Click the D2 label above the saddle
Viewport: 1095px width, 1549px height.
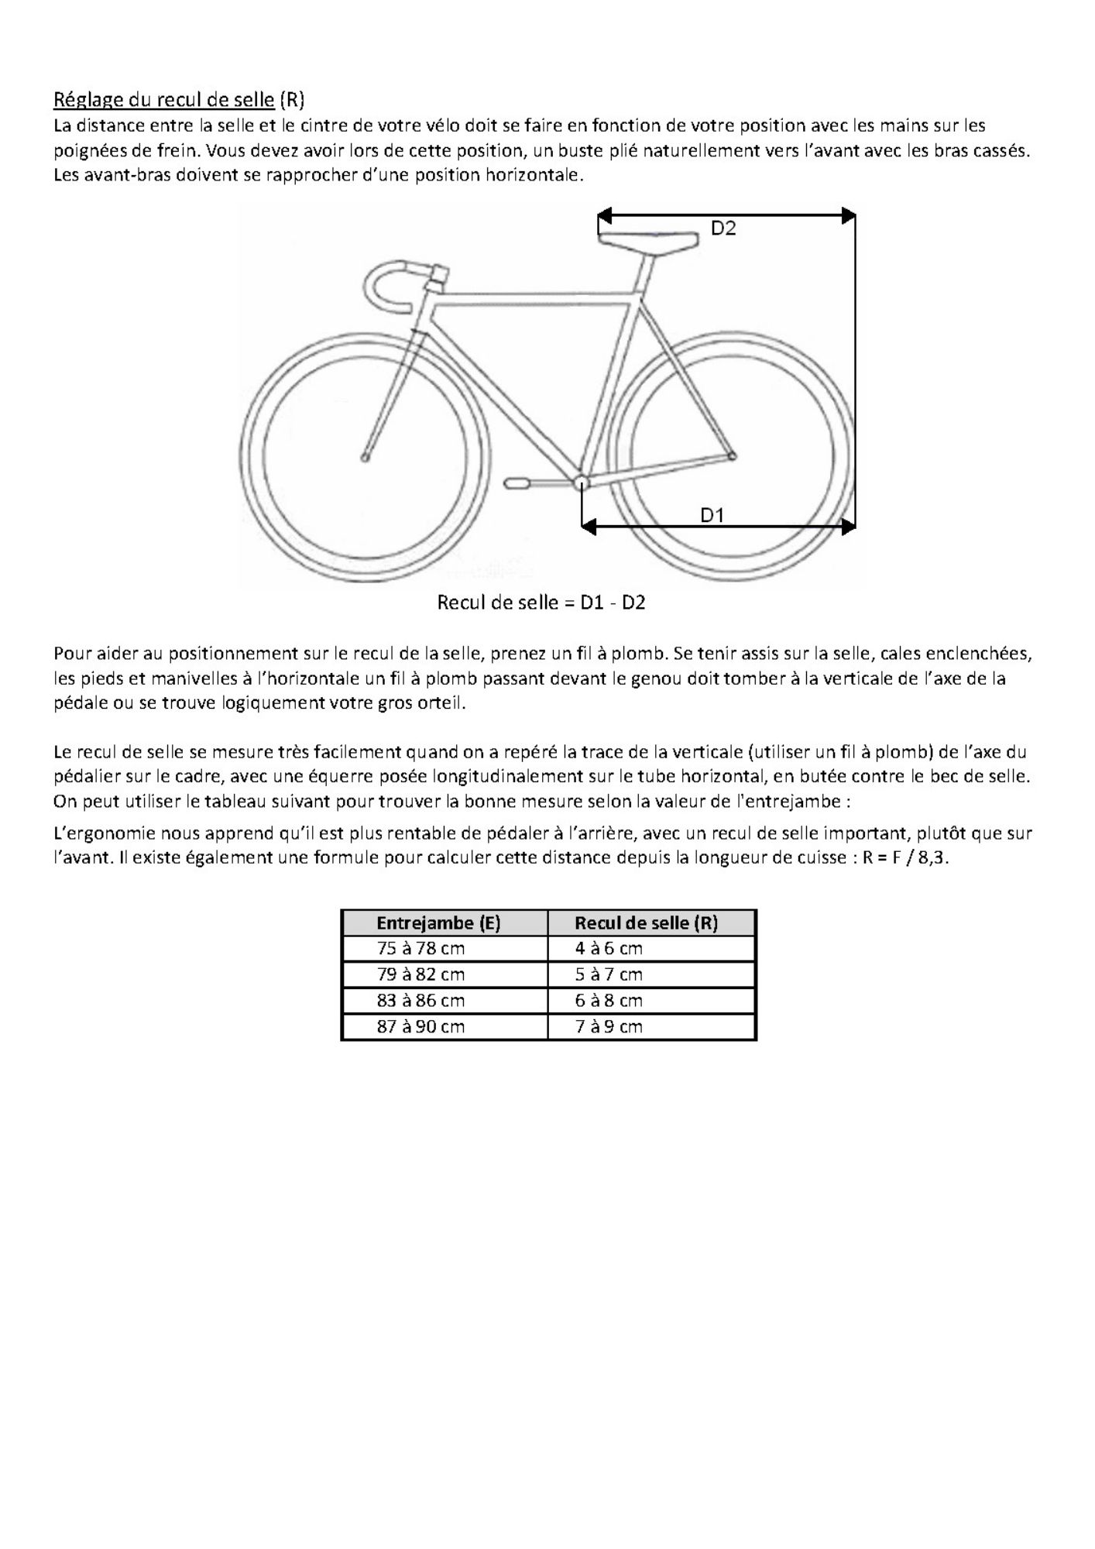[x=723, y=228]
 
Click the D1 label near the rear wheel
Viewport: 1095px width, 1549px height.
[x=712, y=515]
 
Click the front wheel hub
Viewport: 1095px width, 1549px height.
[x=365, y=458]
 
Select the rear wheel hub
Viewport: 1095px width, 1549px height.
[x=733, y=456]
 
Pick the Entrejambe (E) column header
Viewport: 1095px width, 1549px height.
[x=438, y=922]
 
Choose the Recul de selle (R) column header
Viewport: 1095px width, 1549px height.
[x=646, y=922]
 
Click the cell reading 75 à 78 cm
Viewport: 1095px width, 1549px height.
[x=420, y=949]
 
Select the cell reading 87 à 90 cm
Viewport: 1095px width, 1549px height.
[x=420, y=1027]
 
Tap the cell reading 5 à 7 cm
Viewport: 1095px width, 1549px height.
[x=609, y=974]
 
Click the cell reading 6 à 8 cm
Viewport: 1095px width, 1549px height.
[x=609, y=1001]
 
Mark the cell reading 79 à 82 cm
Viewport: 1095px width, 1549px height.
[x=420, y=974]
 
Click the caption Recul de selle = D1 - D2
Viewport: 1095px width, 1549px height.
[x=541, y=603]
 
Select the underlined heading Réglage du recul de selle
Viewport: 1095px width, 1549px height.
[x=163, y=99]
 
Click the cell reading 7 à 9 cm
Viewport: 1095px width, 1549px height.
[x=609, y=1027]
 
